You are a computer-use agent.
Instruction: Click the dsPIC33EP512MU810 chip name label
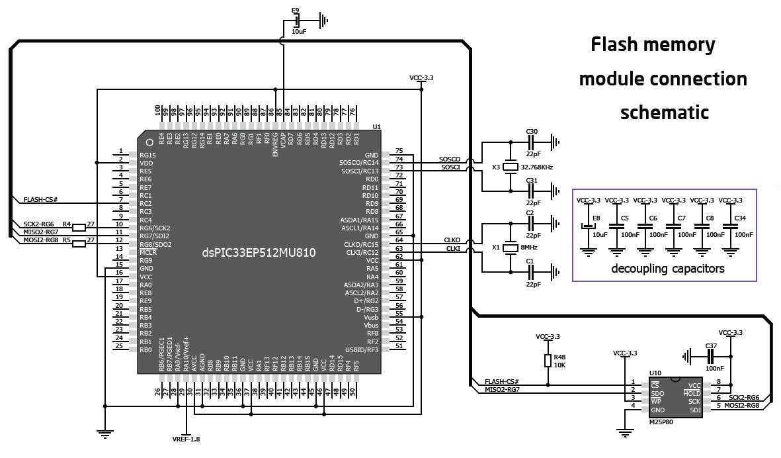pyautogui.click(x=259, y=253)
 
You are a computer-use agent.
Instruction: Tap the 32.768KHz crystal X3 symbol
pyautogui.click(x=510, y=167)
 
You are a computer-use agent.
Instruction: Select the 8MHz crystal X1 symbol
pyautogui.click(x=510, y=248)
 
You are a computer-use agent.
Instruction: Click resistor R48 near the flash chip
pyautogui.click(x=548, y=360)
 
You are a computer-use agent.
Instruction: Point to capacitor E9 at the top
pyautogui.click(x=296, y=21)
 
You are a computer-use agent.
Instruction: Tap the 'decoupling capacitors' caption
pyautogui.click(x=667, y=269)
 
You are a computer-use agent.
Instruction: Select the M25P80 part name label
pyautogui.click(x=661, y=421)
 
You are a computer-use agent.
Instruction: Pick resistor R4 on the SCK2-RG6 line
pyautogui.click(x=79, y=227)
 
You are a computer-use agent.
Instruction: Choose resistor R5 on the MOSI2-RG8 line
pyautogui.click(x=79, y=243)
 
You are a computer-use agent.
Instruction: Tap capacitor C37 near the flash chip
pyautogui.click(x=711, y=356)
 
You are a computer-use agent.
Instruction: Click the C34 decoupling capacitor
pyautogui.click(x=730, y=226)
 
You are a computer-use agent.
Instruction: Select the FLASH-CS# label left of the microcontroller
pyautogui.click(x=41, y=199)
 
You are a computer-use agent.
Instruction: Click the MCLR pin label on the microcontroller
pyautogui.click(x=148, y=252)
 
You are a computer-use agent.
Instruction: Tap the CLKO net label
pyautogui.click(x=452, y=240)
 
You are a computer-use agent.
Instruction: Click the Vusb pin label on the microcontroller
pyautogui.click(x=370, y=317)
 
